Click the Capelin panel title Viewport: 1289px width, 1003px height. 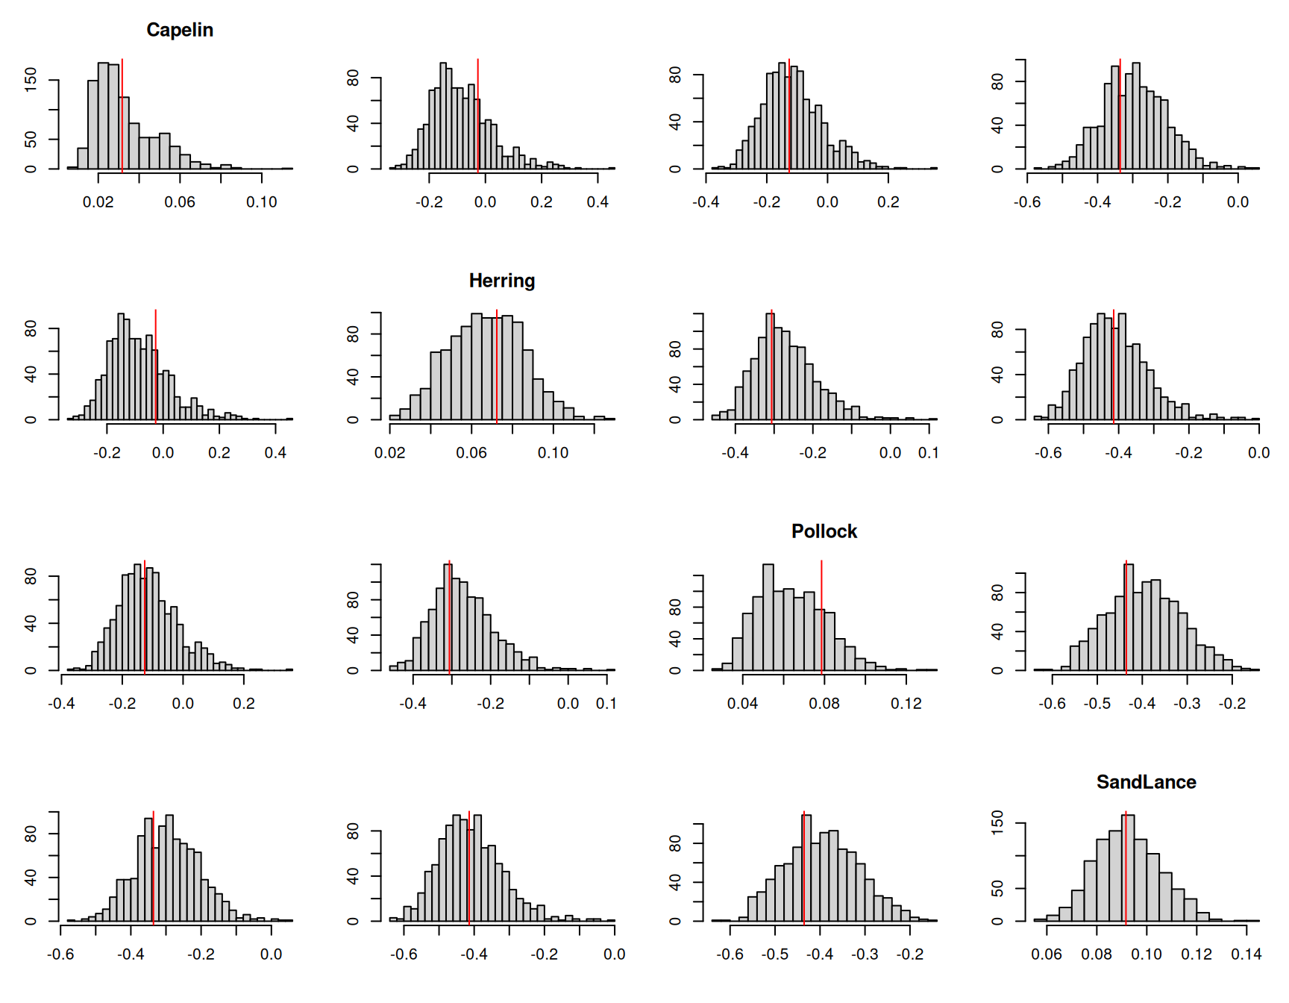coord(180,30)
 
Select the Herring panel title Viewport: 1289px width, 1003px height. coord(502,281)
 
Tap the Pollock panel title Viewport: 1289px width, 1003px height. coord(824,531)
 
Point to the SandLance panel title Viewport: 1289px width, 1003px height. coord(1146,782)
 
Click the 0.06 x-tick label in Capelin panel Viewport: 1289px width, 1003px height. coord(180,202)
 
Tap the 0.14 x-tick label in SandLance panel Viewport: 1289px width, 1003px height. coord(1246,954)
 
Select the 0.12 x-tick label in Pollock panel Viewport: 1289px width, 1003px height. coord(906,704)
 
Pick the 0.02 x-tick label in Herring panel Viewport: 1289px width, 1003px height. coord(389,453)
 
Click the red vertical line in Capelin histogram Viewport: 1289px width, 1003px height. coord(122,112)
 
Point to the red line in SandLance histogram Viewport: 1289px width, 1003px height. coord(1126,866)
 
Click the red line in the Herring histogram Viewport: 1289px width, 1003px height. coord(497,366)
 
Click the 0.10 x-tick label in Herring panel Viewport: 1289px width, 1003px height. coord(553,453)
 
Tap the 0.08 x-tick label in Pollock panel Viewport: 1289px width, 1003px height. coord(824,704)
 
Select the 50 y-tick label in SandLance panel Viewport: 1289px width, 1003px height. coord(998,888)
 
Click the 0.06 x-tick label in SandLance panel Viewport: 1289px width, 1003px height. coord(1047,954)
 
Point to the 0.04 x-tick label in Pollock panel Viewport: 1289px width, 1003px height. coord(742,704)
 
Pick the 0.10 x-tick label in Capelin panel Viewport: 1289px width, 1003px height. coord(261,202)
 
